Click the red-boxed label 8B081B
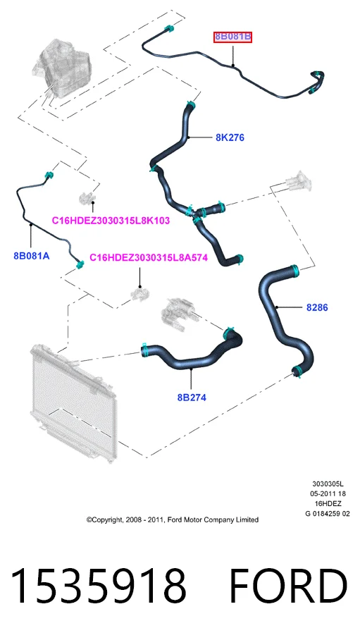pyautogui.click(x=232, y=37)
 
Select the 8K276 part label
pyautogui.click(x=230, y=137)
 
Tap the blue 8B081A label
pyautogui.click(x=32, y=256)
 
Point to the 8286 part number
pyautogui.click(x=317, y=307)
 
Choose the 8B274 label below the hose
pyautogui.click(x=192, y=397)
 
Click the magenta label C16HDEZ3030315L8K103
pyautogui.click(x=111, y=221)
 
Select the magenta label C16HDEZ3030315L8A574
pyautogui.click(x=149, y=257)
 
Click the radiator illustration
pyautogui.click(x=74, y=402)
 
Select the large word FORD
pyautogui.click(x=288, y=586)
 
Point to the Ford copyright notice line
pyautogui.click(x=172, y=519)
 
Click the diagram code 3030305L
pyautogui.click(x=328, y=484)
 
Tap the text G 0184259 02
pyautogui.click(x=328, y=513)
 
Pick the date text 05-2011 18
pyautogui.click(x=328, y=494)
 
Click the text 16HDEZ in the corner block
pyautogui.click(x=328, y=504)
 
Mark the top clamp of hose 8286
pyautogui.click(x=295, y=269)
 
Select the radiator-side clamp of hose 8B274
pyautogui.click(x=144, y=350)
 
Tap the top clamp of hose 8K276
pyautogui.click(x=190, y=104)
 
